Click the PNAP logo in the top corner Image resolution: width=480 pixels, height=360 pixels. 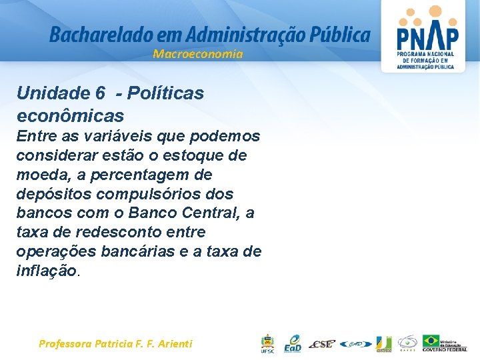(x=426, y=36)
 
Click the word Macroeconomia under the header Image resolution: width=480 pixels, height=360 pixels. (x=198, y=54)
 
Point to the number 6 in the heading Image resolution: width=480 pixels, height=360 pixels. (x=100, y=93)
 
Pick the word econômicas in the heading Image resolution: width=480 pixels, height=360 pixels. (x=70, y=116)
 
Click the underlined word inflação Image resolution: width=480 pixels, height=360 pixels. (x=47, y=271)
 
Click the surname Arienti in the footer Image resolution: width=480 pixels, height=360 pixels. (x=175, y=344)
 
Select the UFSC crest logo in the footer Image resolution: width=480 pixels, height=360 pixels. (x=267, y=343)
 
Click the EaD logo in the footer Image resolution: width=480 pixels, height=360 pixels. (x=292, y=343)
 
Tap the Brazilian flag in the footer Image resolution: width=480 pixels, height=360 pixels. (x=431, y=341)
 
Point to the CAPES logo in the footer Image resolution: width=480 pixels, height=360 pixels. (x=408, y=343)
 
